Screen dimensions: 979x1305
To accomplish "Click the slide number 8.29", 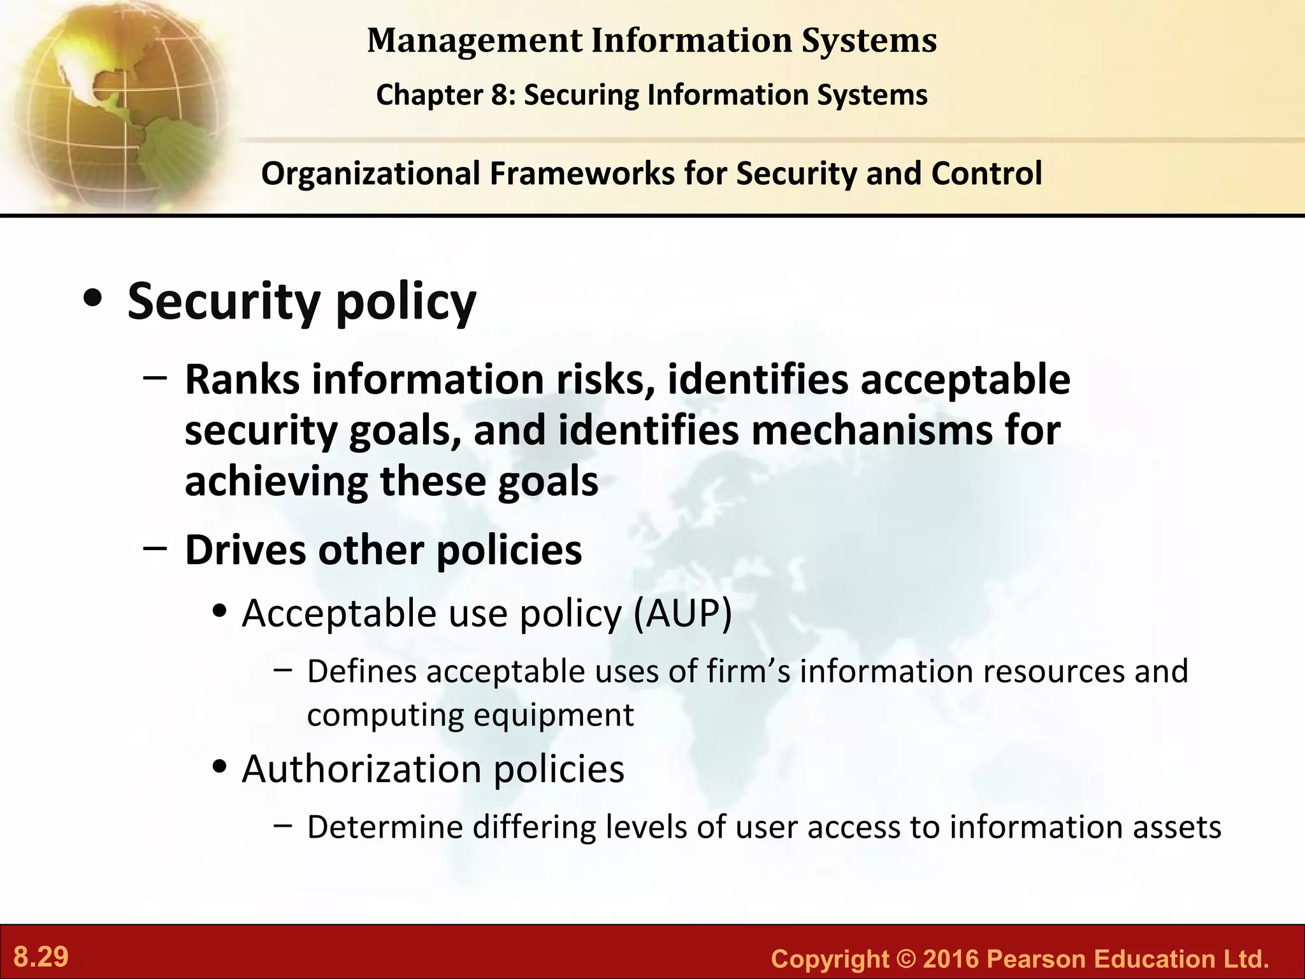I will click(41, 957).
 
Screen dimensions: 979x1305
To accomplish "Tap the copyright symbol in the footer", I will click(905, 959).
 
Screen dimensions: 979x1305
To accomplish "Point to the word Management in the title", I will click(475, 41).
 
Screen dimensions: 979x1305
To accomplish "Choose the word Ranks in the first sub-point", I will click(242, 380).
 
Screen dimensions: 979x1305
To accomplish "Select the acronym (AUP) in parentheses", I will click(682, 614).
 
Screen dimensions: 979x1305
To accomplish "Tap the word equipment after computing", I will click(553, 715).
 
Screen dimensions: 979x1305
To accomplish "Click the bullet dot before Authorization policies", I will click(220, 767).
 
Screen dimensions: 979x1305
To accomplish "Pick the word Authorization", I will click(363, 769).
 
